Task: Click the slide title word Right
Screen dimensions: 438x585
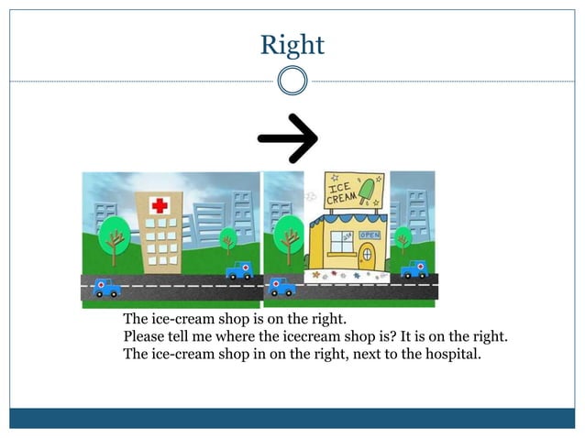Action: (x=292, y=44)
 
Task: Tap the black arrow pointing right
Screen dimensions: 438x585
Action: (x=287, y=137)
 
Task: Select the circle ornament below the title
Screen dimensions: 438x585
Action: (x=292, y=81)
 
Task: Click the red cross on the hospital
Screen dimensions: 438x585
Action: (x=160, y=205)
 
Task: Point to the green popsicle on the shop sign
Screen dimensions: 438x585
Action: (x=368, y=190)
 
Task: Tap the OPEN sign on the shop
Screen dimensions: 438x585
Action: (x=369, y=235)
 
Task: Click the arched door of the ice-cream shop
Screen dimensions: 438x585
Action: (x=367, y=252)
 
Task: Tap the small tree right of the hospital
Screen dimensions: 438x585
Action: (x=228, y=240)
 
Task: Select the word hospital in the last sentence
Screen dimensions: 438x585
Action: (x=451, y=353)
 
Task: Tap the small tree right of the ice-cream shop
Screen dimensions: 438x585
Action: (x=402, y=240)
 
